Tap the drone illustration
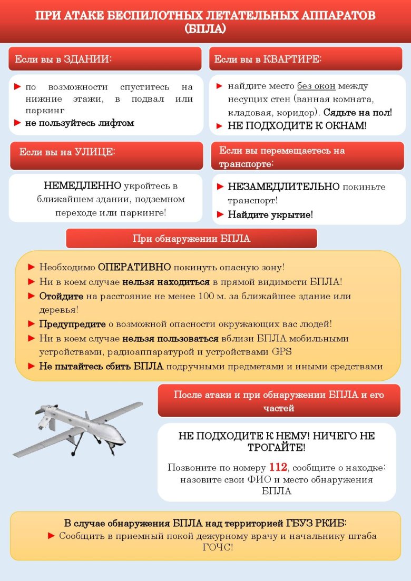click(79, 427)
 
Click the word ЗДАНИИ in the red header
click(87, 60)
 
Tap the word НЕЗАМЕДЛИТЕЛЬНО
click(283, 187)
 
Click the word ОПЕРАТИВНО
click(134, 267)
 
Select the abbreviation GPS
click(281, 351)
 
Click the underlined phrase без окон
click(316, 86)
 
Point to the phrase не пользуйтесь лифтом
click(80, 123)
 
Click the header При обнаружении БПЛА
click(191, 239)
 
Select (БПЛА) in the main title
click(205, 29)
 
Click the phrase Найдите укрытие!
click(270, 214)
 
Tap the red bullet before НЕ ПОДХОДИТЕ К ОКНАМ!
click(220, 126)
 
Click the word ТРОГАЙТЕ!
click(277, 448)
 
